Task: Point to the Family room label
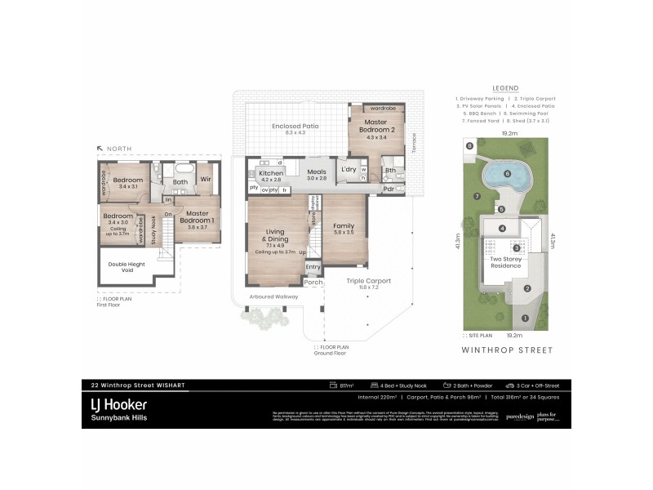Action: (x=344, y=228)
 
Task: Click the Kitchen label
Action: (x=270, y=175)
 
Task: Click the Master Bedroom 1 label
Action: (x=197, y=218)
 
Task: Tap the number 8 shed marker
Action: (x=470, y=146)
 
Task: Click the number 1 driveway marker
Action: (x=525, y=318)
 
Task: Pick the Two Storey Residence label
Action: (x=506, y=262)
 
